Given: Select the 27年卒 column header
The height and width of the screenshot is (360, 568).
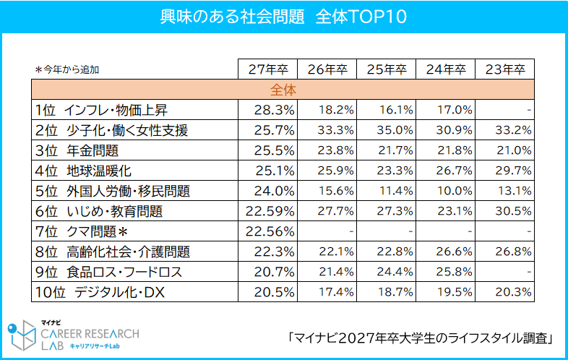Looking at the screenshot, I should coord(267,69).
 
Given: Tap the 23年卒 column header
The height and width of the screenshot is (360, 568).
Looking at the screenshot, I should coord(504,69).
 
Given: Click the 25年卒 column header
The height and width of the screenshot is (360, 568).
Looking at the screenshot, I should coord(386,69).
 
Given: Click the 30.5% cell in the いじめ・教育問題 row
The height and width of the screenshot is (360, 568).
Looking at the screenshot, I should coord(514,211).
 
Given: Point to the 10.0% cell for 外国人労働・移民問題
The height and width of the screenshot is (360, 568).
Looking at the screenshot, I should coord(455,191).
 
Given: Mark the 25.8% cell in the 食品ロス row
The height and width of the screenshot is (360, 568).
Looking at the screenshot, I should coord(455,272).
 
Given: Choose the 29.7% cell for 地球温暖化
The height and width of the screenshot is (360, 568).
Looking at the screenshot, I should coord(514,171).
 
